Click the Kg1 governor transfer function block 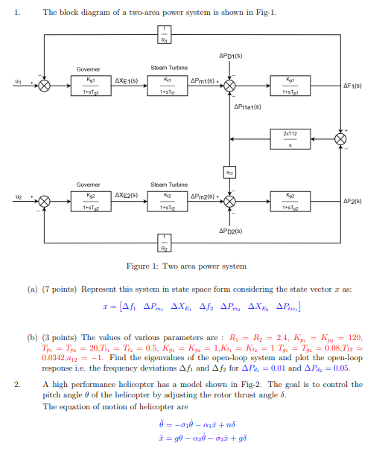tap(89, 86)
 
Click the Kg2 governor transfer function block tap(89, 202)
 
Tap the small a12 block tap(231, 172)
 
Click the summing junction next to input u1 tap(44, 86)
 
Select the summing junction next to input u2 tap(44, 202)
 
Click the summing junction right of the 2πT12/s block tap(340, 138)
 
